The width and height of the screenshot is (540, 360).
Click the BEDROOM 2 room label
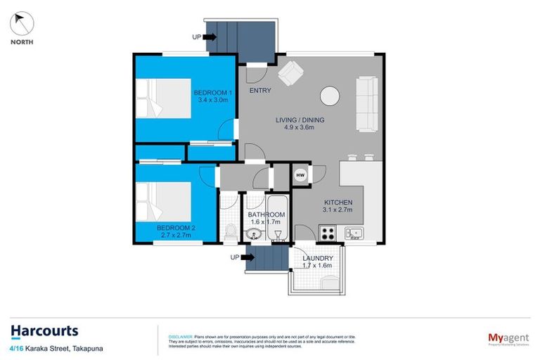pos(175,231)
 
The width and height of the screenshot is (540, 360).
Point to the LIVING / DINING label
pos(300,124)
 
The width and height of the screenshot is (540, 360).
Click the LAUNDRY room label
pos(317,262)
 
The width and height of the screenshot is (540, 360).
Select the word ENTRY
pos(259,91)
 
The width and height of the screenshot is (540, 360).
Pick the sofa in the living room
pos(368,104)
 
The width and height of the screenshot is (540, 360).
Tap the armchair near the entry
pos(290,71)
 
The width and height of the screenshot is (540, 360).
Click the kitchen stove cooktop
pos(327,231)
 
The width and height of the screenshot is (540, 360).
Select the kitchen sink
pos(353,232)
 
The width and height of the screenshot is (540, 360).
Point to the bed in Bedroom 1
pos(162,99)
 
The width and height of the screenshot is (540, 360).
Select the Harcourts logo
pos(44,331)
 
